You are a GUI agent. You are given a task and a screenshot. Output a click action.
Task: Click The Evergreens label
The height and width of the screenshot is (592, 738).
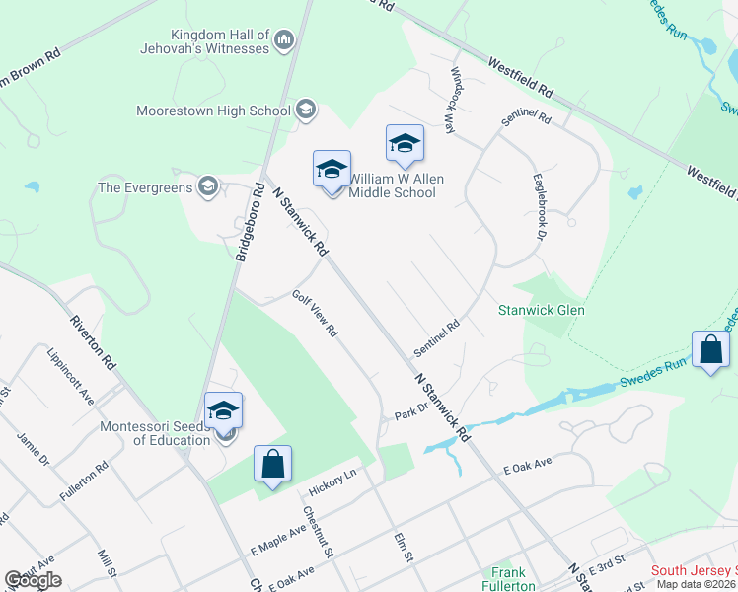(145, 186)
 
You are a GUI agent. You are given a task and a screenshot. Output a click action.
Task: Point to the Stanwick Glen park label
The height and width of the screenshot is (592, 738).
(542, 310)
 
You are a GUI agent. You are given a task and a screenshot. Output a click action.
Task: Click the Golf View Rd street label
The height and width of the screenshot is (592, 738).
(315, 314)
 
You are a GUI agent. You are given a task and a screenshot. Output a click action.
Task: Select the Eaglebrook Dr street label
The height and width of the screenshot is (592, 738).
(541, 207)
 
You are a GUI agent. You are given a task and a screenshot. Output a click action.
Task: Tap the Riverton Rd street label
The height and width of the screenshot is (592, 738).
(94, 341)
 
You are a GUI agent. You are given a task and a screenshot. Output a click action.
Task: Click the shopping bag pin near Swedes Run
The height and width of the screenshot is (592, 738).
(711, 351)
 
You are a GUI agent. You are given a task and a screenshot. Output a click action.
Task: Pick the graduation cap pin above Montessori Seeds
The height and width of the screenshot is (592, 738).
(224, 410)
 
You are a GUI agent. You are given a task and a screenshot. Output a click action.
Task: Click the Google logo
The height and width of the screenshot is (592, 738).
(34, 580)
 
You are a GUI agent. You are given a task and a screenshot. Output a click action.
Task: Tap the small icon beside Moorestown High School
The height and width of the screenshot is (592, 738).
(306, 110)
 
